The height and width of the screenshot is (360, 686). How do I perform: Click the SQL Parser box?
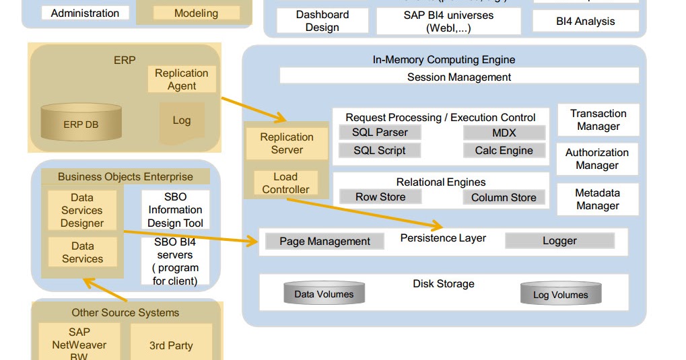coord(380,133)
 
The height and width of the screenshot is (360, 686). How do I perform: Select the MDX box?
coord(504,133)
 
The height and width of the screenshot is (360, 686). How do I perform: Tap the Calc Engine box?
coord(504,151)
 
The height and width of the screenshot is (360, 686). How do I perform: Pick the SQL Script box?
coord(380,151)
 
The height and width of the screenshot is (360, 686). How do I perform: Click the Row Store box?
coord(380,197)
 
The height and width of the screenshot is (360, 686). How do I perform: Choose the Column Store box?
coord(504,198)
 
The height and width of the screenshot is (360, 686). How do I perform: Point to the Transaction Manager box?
coord(598,120)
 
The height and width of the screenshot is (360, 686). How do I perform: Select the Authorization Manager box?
coord(597,159)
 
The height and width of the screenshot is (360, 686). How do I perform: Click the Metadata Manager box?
coord(597,199)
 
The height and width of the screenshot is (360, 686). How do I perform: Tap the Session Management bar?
coord(459,77)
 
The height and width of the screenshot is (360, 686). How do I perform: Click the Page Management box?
coord(324,241)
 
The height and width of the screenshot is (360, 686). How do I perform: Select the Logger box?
coord(559,241)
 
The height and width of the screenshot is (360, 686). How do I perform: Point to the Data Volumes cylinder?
coord(324,294)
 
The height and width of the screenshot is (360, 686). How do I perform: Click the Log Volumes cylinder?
coord(560,295)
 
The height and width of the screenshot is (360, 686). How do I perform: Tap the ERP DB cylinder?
coord(81,124)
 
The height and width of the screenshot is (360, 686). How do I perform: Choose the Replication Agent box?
coord(182,79)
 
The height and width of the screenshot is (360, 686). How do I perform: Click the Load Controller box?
coord(285,183)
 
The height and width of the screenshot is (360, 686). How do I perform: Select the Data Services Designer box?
coord(82,210)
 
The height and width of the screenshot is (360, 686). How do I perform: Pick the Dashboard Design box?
coord(322,21)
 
